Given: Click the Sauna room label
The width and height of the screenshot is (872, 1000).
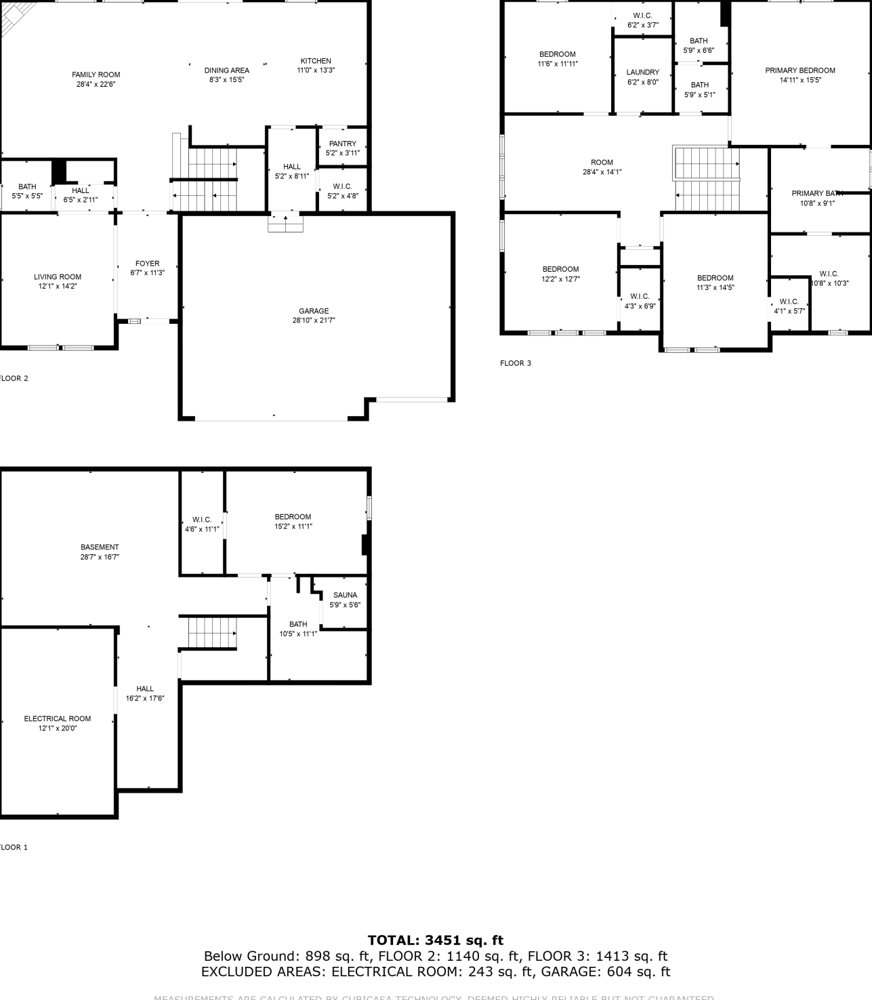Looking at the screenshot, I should click(345, 595).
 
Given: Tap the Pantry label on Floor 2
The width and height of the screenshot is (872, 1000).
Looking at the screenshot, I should click(342, 144).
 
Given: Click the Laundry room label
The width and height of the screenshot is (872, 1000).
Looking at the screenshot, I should click(642, 72).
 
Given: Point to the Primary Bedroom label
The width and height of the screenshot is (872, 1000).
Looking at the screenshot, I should click(800, 70).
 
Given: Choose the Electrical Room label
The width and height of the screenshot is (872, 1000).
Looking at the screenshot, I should click(58, 719).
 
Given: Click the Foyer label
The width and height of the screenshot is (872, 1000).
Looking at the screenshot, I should click(147, 264).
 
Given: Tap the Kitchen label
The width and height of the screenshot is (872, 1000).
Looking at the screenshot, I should click(316, 61).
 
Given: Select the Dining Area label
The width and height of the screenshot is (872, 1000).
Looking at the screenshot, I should click(226, 70).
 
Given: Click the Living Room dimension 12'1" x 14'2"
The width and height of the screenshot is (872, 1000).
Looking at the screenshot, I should click(58, 287).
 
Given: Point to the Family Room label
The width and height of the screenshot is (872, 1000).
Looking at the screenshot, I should click(96, 75).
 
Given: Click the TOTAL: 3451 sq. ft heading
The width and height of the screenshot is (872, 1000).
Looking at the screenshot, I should click(436, 940).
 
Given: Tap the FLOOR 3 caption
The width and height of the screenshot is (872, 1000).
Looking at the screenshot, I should click(516, 363).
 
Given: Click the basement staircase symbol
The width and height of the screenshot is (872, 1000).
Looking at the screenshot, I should click(212, 633).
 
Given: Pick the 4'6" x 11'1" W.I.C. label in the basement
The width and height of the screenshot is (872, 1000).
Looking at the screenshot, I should click(202, 520).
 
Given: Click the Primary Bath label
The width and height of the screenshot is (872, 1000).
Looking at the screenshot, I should click(816, 194).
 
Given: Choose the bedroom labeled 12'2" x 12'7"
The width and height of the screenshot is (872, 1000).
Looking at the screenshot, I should click(560, 270).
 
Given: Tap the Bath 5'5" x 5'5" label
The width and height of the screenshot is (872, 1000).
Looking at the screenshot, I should click(27, 187).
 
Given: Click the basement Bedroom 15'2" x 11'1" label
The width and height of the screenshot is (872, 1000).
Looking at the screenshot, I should click(293, 517).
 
